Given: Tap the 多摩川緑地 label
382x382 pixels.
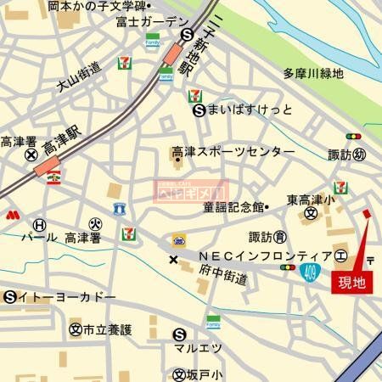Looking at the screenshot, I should click(313, 74).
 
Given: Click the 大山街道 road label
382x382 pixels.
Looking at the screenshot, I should click(79, 76).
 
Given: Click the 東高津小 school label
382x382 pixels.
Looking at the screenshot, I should click(314, 200).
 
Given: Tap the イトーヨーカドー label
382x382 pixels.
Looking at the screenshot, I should click(67, 297).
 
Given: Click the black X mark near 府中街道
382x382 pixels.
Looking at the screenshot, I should click(174, 259).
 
